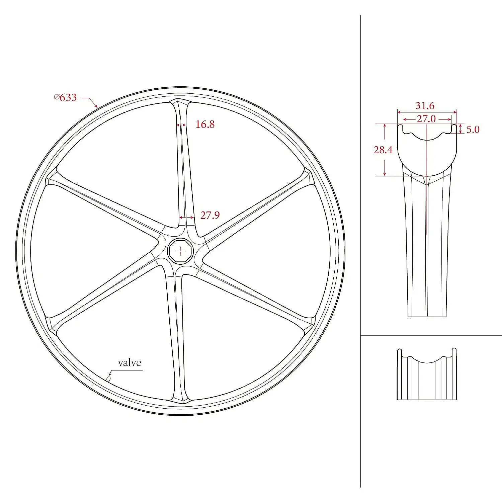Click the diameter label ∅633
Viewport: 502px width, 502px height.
(66, 97)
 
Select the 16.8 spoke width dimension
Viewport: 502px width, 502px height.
(205, 124)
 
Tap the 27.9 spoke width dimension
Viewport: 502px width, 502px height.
(210, 215)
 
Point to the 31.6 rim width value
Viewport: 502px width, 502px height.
(425, 106)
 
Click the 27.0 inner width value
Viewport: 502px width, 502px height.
(426, 119)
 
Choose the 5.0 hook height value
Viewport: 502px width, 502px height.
(473, 130)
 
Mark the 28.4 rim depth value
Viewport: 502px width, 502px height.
(383, 150)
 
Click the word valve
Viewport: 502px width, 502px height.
(130, 363)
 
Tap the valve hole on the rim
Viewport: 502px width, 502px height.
(108, 379)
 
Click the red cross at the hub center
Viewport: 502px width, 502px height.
(180, 251)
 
